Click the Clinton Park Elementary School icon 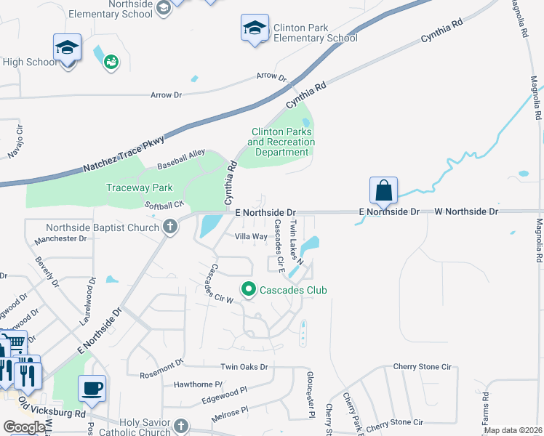[x=255, y=29]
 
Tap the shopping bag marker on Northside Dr [x=383, y=191]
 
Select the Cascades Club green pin [x=249, y=290]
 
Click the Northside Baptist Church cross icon [x=170, y=227]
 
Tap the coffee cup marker [x=92, y=388]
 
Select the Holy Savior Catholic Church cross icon [x=181, y=426]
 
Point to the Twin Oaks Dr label [x=244, y=368]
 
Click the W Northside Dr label [x=466, y=211]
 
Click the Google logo [x=24, y=427]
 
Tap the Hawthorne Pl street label [x=198, y=384]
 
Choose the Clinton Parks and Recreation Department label [x=281, y=142]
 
